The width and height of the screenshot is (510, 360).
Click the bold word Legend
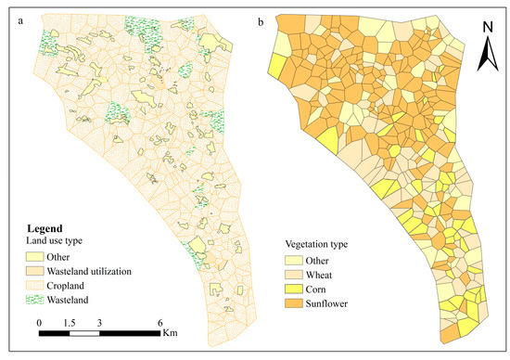click(x=41, y=227)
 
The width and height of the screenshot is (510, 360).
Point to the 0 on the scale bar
click(x=39, y=322)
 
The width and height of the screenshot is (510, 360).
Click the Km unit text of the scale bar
click(x=168, y=331)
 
